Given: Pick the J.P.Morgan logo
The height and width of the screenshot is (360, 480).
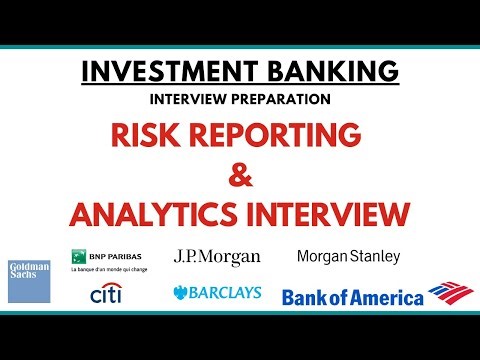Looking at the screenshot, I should pos(217,257).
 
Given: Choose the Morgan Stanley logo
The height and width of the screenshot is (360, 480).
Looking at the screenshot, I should pos(348,256).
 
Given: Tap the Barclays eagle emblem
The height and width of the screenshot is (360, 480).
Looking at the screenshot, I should pos(181,295).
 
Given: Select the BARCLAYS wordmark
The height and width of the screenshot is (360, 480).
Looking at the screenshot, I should pos(226,295).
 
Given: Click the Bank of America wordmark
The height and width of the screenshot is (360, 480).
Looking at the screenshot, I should pos(353,296).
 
